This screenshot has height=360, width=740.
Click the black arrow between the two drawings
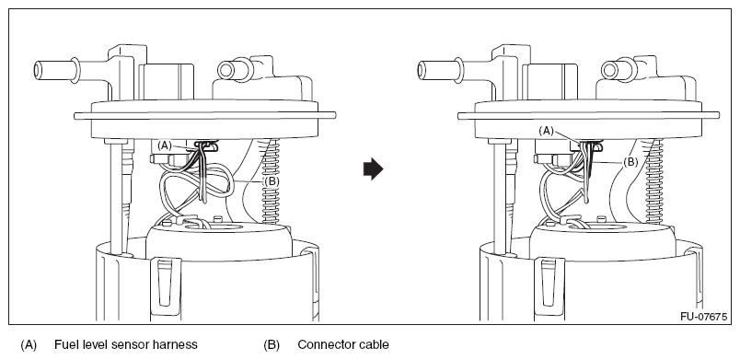(374, 169)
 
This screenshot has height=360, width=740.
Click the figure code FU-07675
(704, 317)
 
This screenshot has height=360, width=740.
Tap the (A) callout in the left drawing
(164, 145)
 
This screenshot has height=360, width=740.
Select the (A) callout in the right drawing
(546, 131)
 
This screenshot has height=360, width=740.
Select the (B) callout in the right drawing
(631, 162)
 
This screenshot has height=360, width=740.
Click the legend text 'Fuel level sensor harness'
(125, 345)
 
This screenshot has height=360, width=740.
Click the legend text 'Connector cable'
(343, 345)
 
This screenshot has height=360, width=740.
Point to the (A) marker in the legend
(29, 345)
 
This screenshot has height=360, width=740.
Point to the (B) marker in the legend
(272, 345)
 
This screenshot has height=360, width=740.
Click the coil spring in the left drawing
(271, 180)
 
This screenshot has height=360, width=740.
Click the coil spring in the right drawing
(654, 180)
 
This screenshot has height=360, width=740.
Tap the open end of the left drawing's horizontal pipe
(38, 71)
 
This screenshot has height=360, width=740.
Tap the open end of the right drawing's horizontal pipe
(422, 71)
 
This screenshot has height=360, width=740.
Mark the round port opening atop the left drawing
(225, 70)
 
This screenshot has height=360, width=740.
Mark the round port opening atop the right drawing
(609, 70)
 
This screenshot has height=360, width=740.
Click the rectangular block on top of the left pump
(167, 81)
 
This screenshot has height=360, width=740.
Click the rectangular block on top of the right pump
(550, 81)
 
